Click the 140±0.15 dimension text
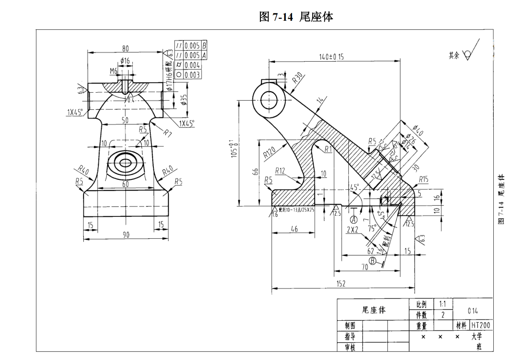331,57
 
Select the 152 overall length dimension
341,284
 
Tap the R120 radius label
269,152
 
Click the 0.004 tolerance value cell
192,65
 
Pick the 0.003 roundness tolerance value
192,75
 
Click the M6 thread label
113,70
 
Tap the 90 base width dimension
126,234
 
